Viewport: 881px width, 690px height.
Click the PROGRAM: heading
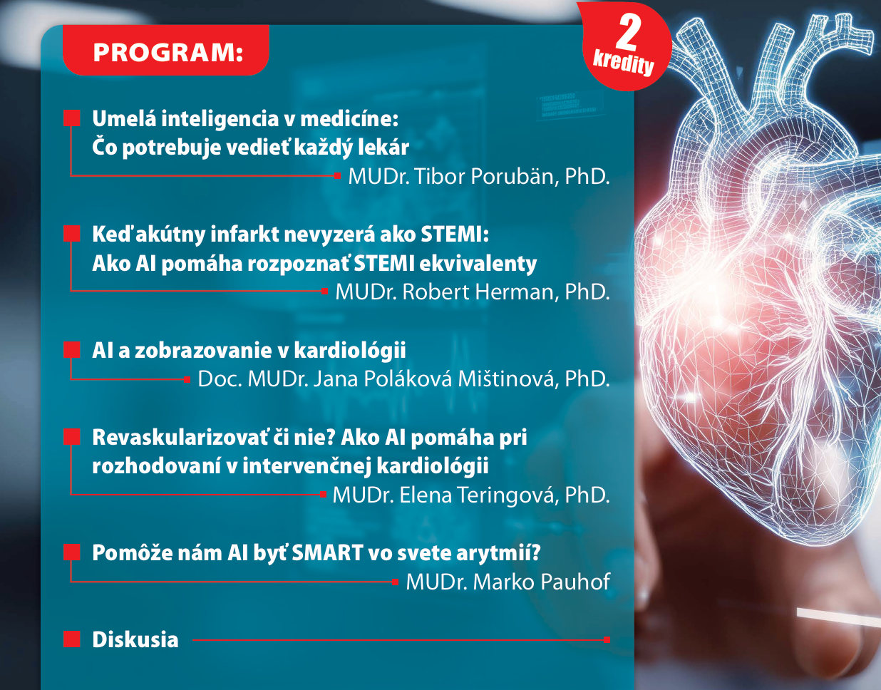click(x=168, y=53)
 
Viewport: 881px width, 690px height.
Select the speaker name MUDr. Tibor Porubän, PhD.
click(x=479, y=176)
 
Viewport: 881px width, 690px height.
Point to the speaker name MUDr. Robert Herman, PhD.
click(x=473, y=292)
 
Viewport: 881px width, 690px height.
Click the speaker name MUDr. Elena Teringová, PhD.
click(x=471, y=495)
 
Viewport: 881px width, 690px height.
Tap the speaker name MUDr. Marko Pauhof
click(x=508, y=582)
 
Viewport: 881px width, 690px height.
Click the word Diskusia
click(x=135, y=639)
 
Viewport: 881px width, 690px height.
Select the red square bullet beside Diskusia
click(x=72, y=639)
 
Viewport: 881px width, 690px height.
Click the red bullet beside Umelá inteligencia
click(x=72, y=118)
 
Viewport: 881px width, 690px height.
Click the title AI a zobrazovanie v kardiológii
click(x=249, y=350)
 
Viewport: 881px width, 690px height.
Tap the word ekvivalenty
click(x=478, y=264)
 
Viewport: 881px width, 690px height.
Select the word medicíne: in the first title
click(x=349, y=119)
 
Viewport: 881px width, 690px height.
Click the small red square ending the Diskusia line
click(x=607, y=639)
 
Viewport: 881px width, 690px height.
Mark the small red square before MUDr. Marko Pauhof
click(x=396, y=582)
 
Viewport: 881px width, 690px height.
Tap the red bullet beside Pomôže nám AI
click(x=72, y=552)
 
